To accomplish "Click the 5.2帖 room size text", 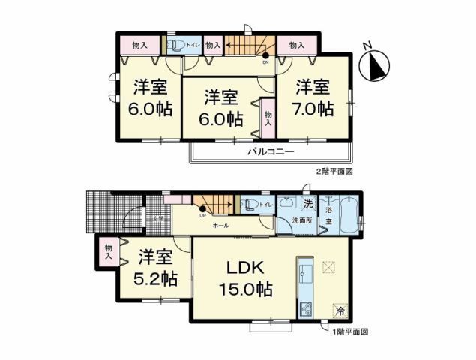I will pyautogui.click(x=157, y=278).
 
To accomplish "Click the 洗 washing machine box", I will pyautogui.click(x=307, y=203).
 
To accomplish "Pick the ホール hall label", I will pyautogui.click(x=220, y=226).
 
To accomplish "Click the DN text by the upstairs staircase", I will pyautogui.click(x=265, y=63).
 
